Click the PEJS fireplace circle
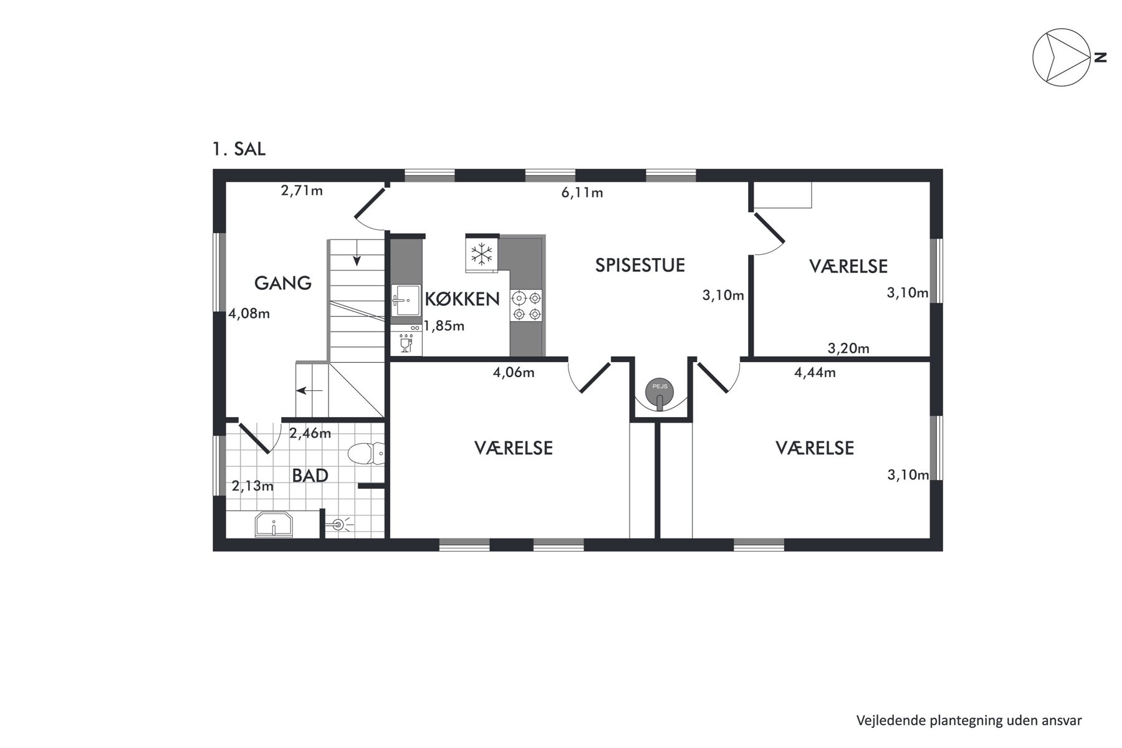pyautogui.click(x=659, y=389)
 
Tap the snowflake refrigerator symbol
pyautogui.click(x=481, y=253)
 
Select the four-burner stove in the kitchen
pyautogui.click(x=526, y=306)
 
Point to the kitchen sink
pyautogui.click(x=406, y=301)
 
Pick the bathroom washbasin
pyautogui.click(x=274, y=525)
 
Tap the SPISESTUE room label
pyautogui.click(x=640, y=265)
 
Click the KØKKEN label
pyautogui.click(x=462, y=299)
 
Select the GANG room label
pyautogui.click(x=283, y=283)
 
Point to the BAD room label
pyautogui.click(x=310, y=476)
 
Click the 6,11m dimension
pyautogui.click(x=582, y=192)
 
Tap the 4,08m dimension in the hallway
pyautogui.click(x=249, y=314)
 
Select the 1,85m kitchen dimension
pyautogui.click(x=444, y=325)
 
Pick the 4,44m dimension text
pyautogui.click(x=815, y=373)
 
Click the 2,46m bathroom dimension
pyautogui.click(x=310, y=433)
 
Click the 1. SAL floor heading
pyautogui.click(x=239, y=150)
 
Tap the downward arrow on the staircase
pyautogui.click(x=357, y=252)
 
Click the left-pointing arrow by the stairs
pyautogui.click(x=309, y=391)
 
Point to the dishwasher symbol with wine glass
pyautogui.click(x=406, y=343)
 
